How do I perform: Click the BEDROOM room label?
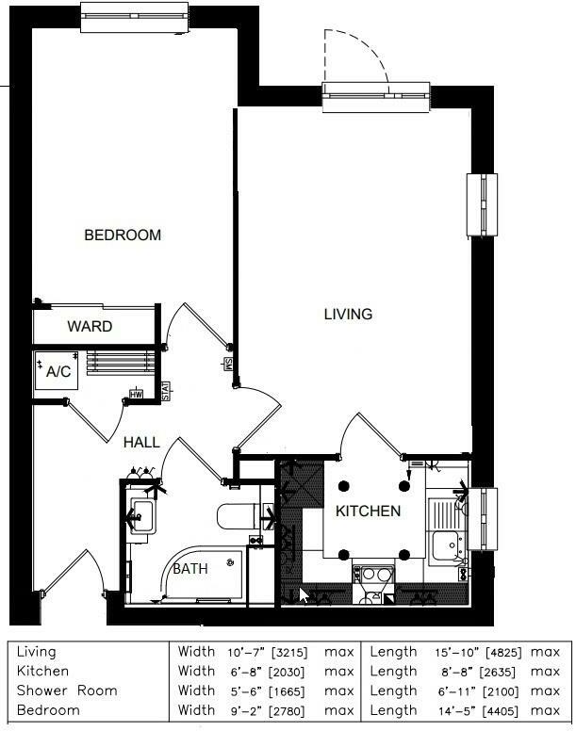(123, 235)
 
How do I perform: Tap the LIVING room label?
(348, 314)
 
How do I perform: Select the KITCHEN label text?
(369, 512)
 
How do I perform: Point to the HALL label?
(141, 442)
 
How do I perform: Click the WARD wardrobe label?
(90, 327)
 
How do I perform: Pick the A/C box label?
(58, 372)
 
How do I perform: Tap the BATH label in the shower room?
(189, 569)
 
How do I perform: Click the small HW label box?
(136, 395)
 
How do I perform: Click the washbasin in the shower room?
(141, 515)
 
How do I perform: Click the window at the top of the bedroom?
(136, 16)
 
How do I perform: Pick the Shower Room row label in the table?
(67, 690)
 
